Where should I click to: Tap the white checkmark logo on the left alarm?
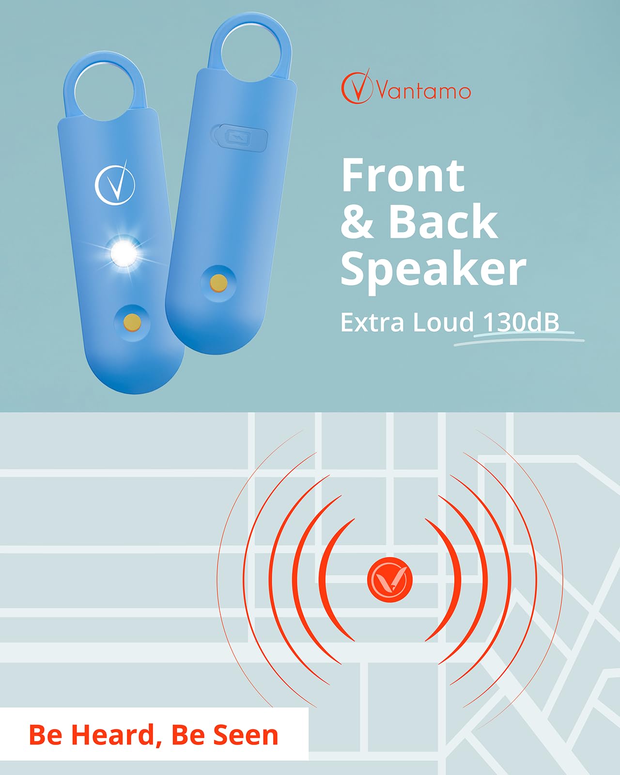click(115, 183)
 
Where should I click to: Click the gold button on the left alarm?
click(131, 322)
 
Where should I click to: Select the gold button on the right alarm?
click(218, 283)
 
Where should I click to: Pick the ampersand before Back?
click(357, 222)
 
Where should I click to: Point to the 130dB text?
click(521, 322)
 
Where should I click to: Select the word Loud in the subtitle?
click(443, 322)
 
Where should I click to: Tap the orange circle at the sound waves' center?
click(390, 580)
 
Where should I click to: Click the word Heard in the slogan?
click(113, 735)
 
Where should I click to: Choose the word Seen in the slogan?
click(246, 735)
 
